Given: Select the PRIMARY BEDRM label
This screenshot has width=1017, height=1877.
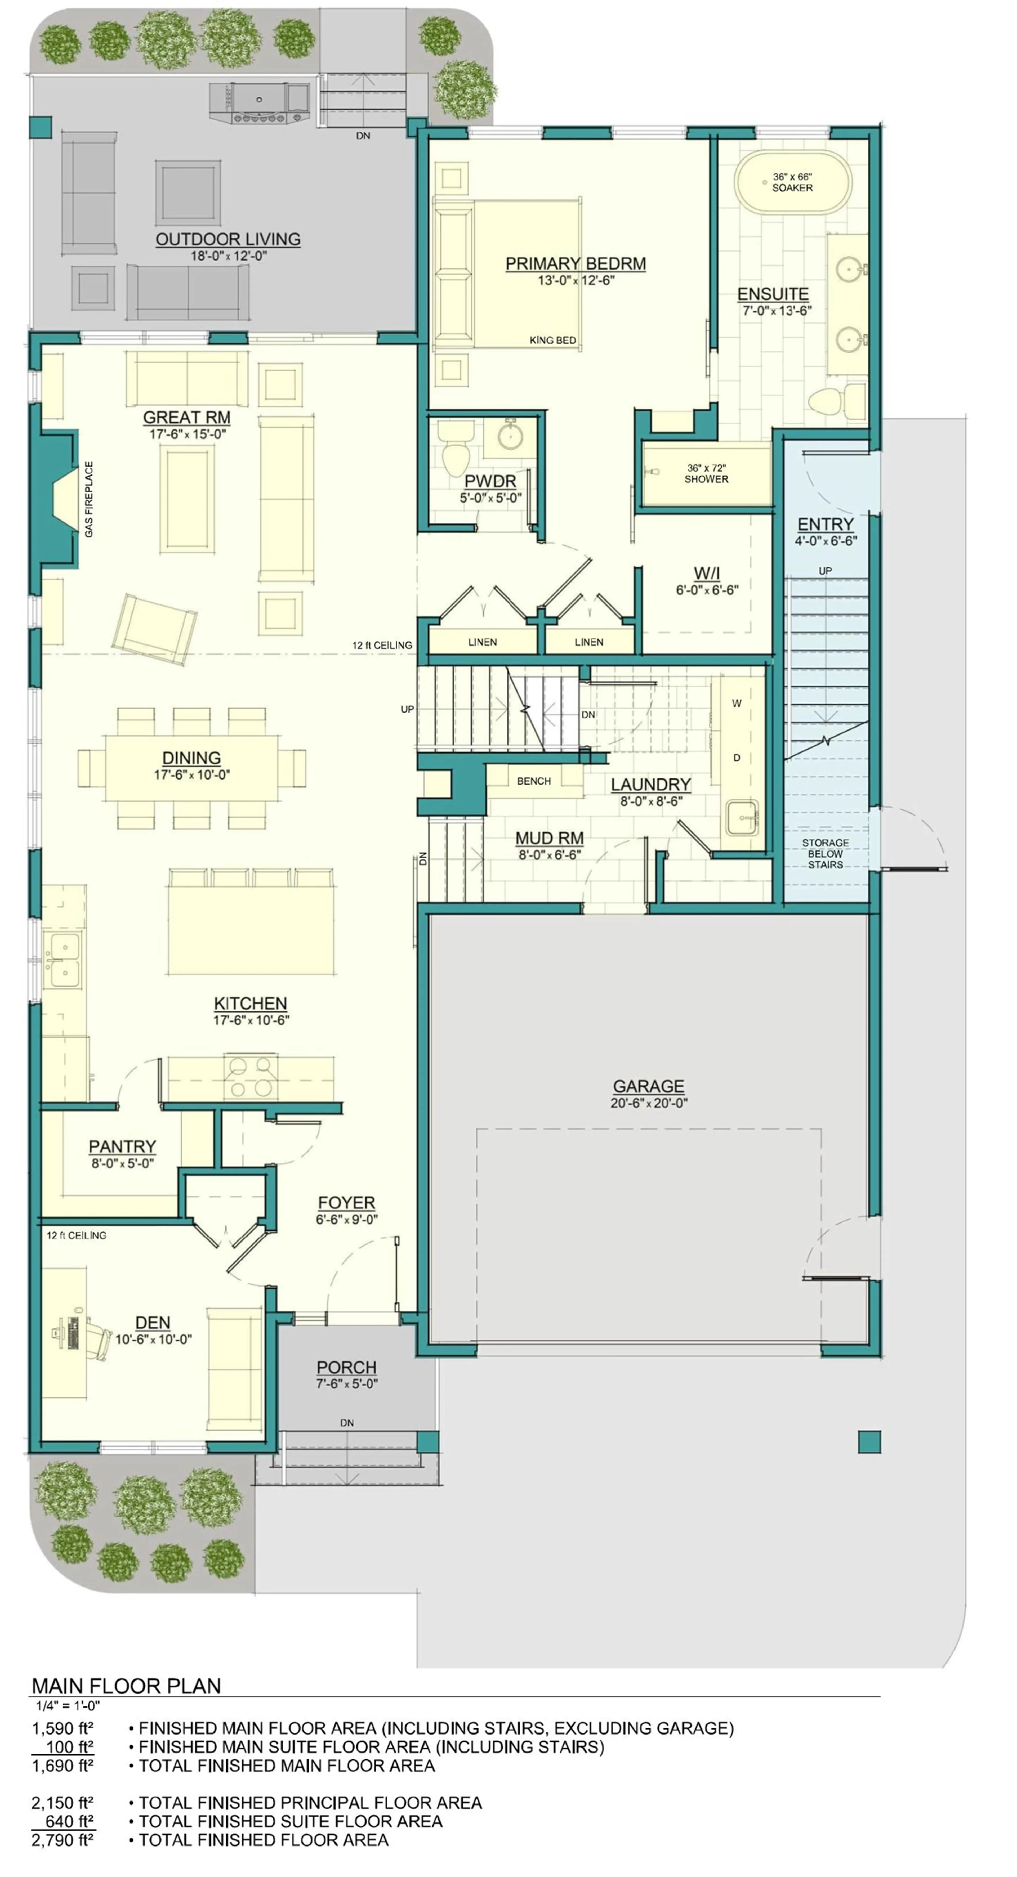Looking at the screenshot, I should pyautogui.click(x=575, y=264).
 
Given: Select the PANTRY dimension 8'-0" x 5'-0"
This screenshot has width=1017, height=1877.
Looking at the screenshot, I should pyautogui.click(x=122, y=1164).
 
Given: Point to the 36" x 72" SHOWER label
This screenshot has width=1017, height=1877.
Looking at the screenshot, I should pyautogui.click(x=706, y=474).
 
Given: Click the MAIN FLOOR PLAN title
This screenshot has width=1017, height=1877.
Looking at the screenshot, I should pyautogui.click(x=126, y=1685).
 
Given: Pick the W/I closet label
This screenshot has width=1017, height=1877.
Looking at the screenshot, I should pyautogui.click(x=706, y=574).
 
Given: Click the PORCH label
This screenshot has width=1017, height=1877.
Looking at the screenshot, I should pyautogui.click(x=346, y=1368).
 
